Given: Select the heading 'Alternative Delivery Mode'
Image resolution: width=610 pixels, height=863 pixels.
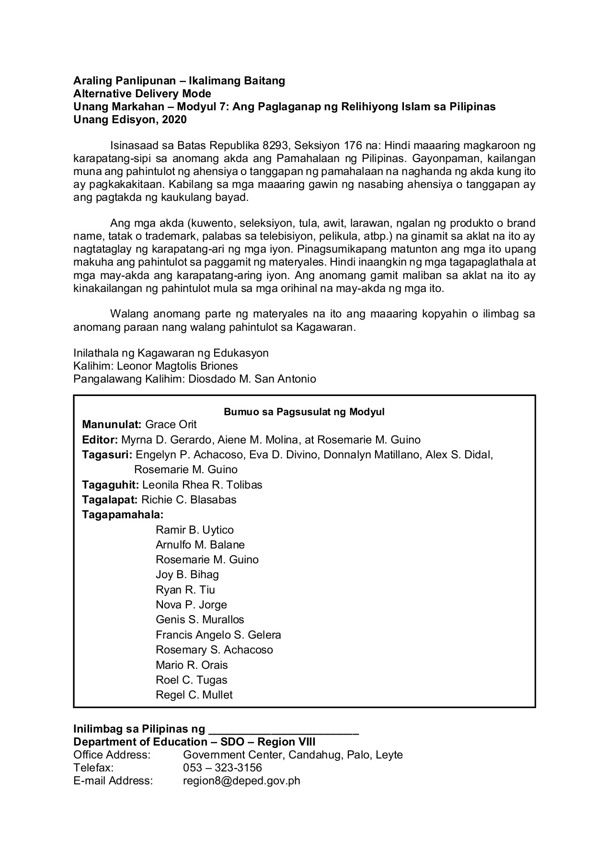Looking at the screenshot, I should [142, 93].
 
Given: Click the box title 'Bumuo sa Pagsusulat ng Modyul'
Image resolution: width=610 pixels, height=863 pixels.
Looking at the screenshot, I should [304, 412].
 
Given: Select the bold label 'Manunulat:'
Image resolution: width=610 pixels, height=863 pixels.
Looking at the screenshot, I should [112, 424].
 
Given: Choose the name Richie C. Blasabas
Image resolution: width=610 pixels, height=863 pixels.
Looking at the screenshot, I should [189, 500].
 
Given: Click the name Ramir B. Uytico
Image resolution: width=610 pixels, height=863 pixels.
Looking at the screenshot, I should [195, 530].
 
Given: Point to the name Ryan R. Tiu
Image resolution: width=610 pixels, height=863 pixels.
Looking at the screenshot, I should [185, 590].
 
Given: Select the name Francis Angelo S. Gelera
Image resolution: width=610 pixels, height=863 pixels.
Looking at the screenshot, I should [218, 635].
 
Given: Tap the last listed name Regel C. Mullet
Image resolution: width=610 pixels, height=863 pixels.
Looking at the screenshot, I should [194, 695].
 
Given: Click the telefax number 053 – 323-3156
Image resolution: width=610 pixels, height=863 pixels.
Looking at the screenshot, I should [222, 768].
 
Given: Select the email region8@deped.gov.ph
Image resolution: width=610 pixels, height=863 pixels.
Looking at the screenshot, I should [242, 781].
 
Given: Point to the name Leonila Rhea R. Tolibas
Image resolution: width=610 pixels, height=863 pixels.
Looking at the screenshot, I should [202, 485].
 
